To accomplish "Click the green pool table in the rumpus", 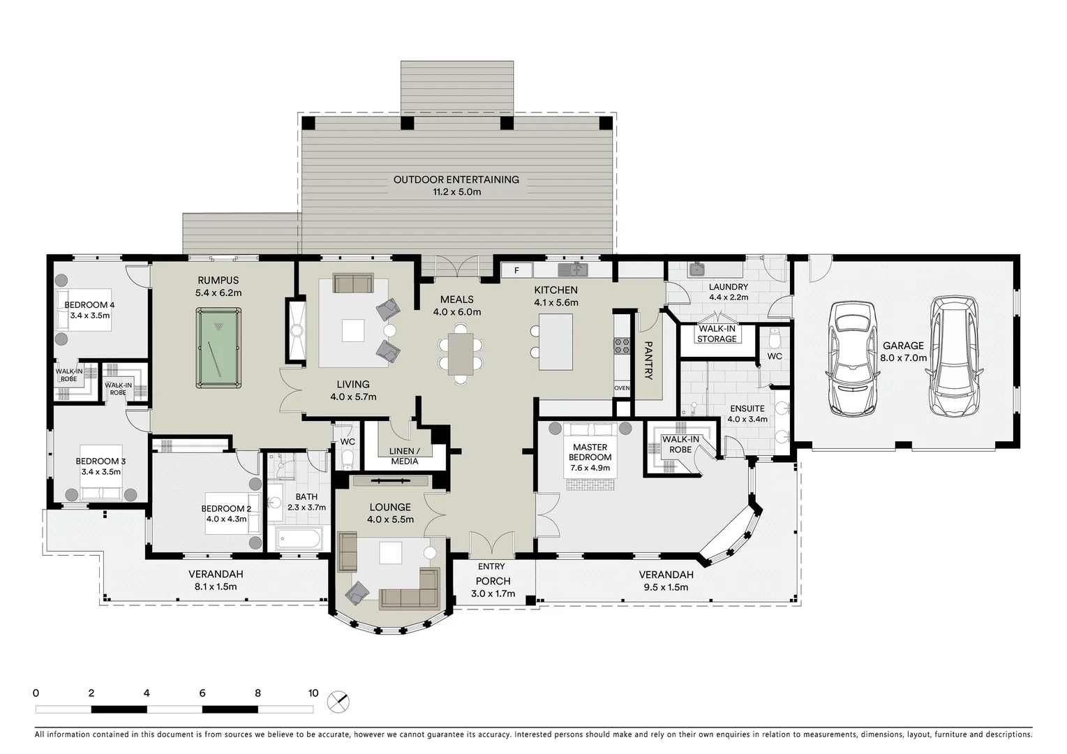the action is (218, 348).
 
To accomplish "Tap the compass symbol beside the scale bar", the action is (338, 702).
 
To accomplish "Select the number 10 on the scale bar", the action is (313, 693).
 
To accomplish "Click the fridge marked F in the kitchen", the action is (517, 270).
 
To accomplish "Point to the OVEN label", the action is (622, 388).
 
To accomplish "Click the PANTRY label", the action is (648, 360).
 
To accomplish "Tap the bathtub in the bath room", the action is (299, 539).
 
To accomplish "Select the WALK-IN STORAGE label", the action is (717, 334).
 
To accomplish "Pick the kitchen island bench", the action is (556, 341).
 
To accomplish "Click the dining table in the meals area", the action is (461, 354).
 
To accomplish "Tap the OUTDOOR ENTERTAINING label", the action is (456, 179).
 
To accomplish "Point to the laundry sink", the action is (697, 270).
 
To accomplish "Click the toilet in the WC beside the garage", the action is (775, 339).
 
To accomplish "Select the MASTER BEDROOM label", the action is (590, 452).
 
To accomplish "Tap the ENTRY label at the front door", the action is (491, 566).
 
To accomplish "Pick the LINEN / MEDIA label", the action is (405, 456).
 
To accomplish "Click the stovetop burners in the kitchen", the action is (622, 346).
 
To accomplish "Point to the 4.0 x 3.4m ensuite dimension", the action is (747, 420).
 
